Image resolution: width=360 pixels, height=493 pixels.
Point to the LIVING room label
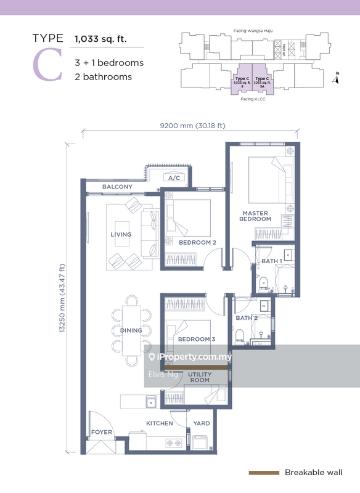click(x=121, y=234)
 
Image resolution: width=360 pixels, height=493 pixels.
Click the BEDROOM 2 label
click(x=197, y=243)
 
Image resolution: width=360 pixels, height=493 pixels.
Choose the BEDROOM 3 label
click(x=196, y=340)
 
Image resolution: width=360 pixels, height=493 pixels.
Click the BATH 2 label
click(x=247, y=318)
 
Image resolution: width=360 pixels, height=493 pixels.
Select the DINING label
click(x=131, y=330)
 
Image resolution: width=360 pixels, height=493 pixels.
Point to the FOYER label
click(x=102, y=432)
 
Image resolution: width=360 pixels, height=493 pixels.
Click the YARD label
click(x=202, y=423)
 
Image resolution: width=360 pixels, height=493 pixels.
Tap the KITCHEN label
click(x=160, y=423)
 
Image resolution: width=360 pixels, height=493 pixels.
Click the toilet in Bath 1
click(x=263, y=283)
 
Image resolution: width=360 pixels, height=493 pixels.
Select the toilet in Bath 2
click(x=240, y=335)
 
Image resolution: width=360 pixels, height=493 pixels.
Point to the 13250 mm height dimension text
click(x=62, y=298)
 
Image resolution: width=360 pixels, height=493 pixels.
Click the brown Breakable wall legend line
click(x=263, y=473)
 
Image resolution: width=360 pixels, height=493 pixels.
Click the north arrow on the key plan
click(x=336, y=78)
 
